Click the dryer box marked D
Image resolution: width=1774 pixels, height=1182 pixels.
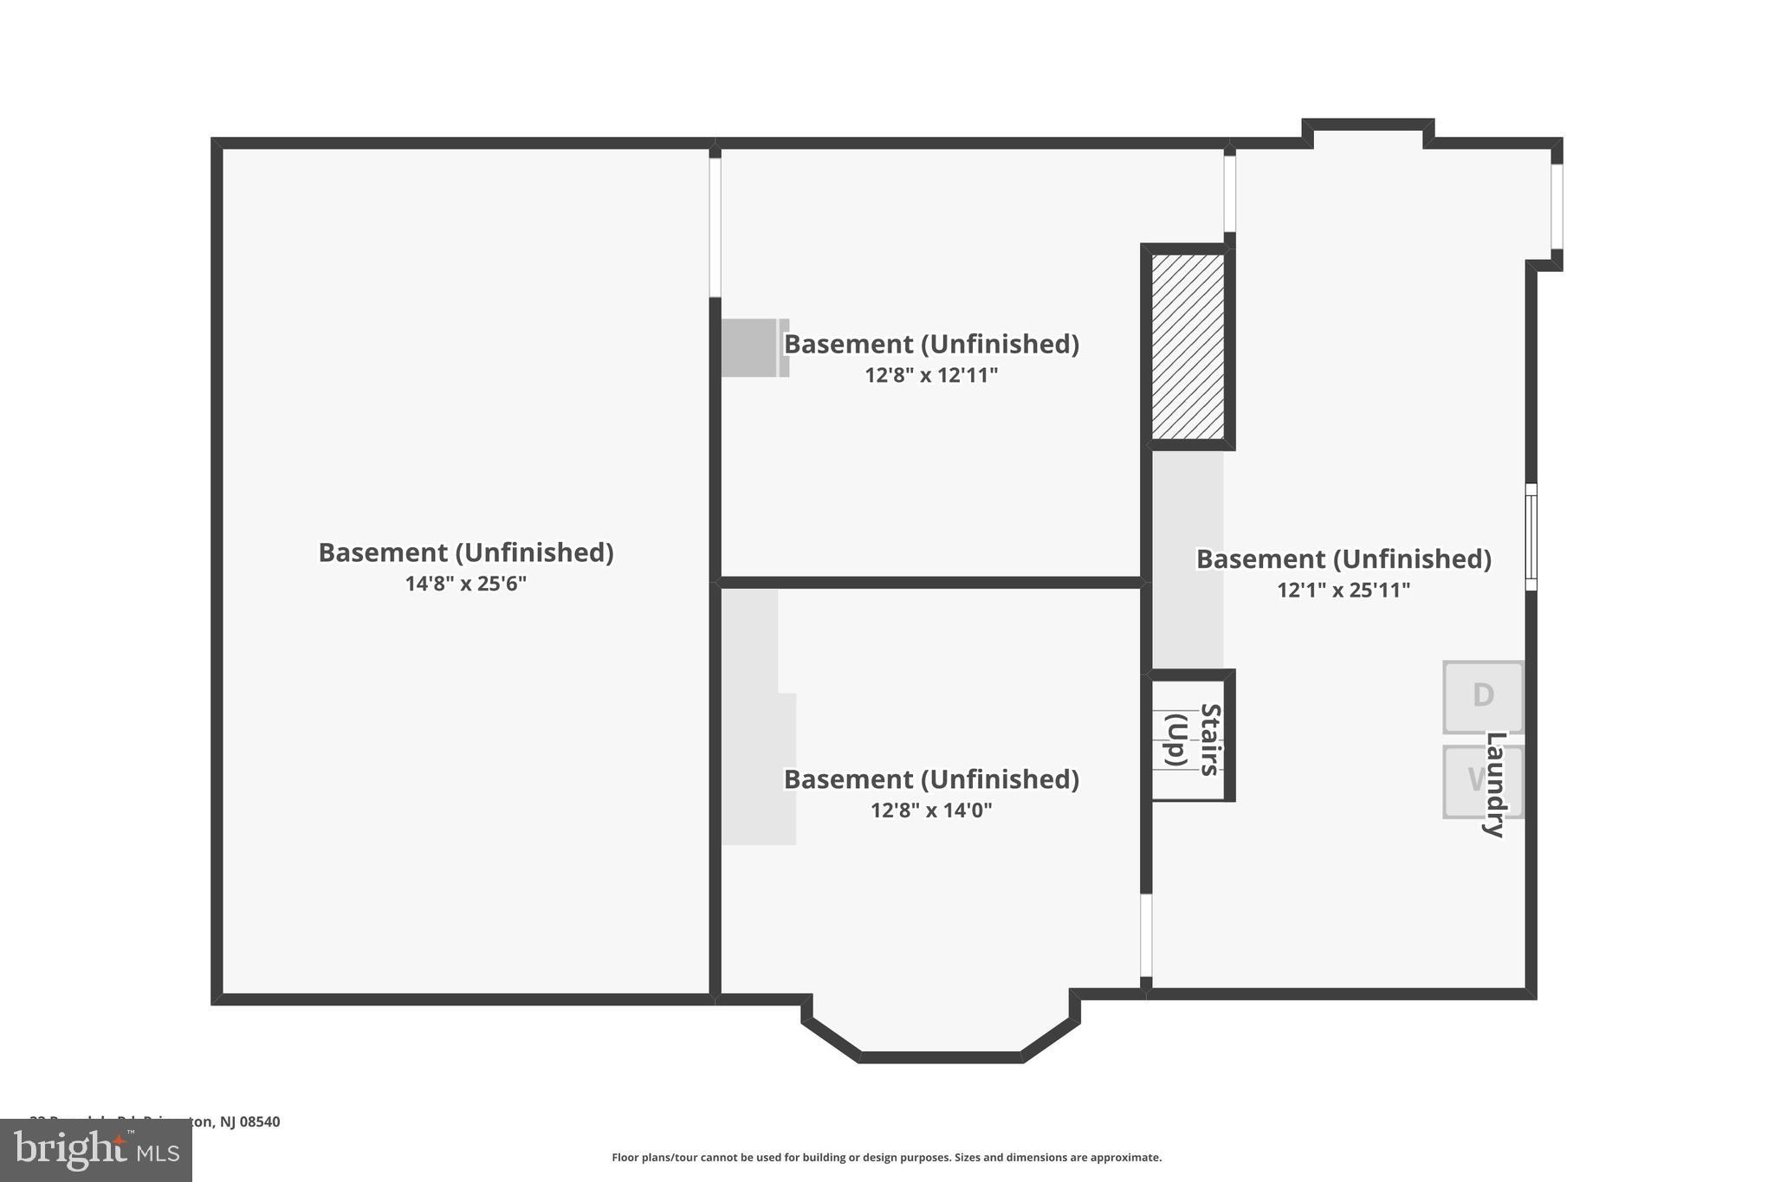click(1482, 696)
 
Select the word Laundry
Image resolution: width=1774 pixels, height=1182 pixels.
click(1495, 784)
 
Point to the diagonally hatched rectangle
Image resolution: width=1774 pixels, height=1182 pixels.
click(1188, 346)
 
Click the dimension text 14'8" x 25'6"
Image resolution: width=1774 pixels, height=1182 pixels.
click(466, 584)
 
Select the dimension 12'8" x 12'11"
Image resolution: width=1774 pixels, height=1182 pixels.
click(931, 375)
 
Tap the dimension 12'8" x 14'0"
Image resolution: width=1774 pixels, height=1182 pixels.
click(931, 811)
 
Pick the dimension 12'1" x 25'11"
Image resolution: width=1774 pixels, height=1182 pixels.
click(1343, 590)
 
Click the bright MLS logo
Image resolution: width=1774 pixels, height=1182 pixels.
click(96, 1150)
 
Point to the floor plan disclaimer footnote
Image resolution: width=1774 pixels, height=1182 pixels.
click(886, 1157)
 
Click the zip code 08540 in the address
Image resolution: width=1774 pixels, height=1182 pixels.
click(260, 1121)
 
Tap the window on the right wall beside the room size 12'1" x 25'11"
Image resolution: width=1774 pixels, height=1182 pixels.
click(1531, 537)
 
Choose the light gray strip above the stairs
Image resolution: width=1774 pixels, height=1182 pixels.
click(1188, 559)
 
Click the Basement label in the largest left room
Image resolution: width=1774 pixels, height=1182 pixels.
click(466, 552)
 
